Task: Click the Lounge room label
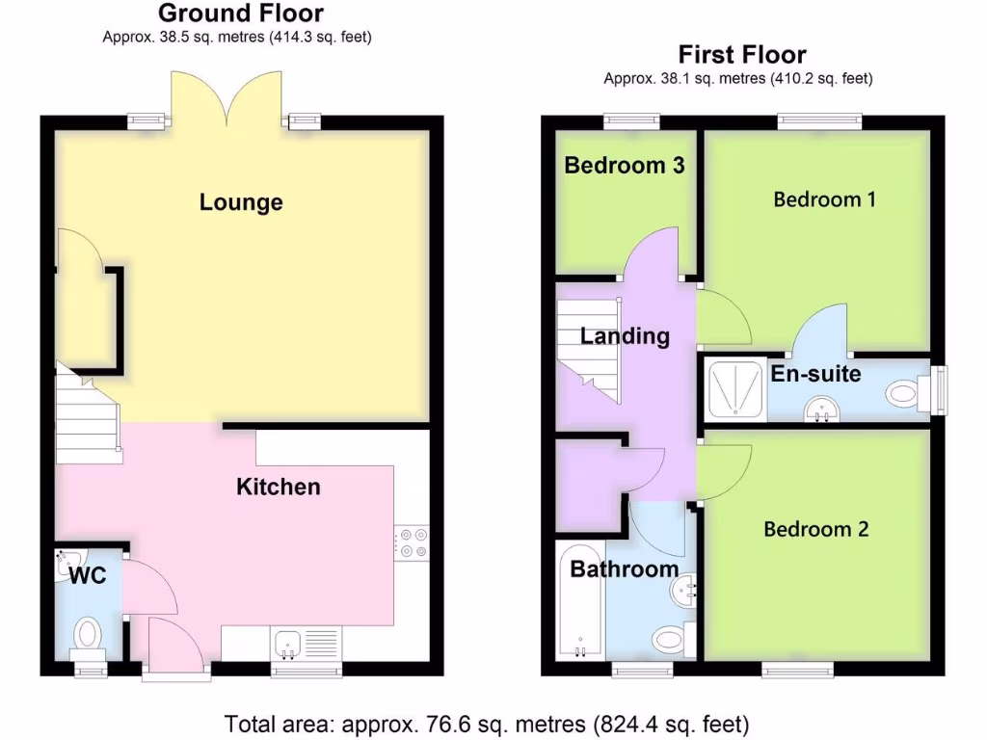coord(241,202)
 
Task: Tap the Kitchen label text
coord(279,487)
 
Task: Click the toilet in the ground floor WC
coord(89,634)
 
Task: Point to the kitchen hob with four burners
coord(411,542)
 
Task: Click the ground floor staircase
coord(87,414)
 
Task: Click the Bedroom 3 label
coord(624,166)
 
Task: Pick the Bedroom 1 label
coord(824,199)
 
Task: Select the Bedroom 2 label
coord(815,529)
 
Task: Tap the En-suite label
coord(815,374)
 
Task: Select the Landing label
coord(625,336)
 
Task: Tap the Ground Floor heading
coord(240,13)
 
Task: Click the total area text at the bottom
coord(487,723)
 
